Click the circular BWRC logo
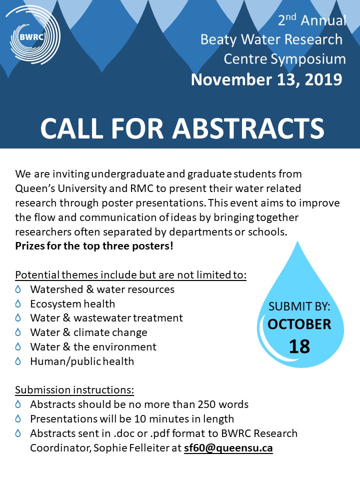(31, 35)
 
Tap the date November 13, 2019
(266, 79)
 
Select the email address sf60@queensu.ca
(227, 448)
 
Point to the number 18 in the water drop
(299, 346)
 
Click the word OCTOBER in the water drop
(299, 324)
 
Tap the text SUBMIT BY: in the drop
(299, 306)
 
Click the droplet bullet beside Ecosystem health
(18, 303)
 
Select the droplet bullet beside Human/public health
(18, 361)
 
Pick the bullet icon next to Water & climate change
(18, 332)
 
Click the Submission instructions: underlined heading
(74, 390)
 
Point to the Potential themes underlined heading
(130, 275)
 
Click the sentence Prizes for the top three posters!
(94, 246)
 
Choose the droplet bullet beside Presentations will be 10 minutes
(18, 419)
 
